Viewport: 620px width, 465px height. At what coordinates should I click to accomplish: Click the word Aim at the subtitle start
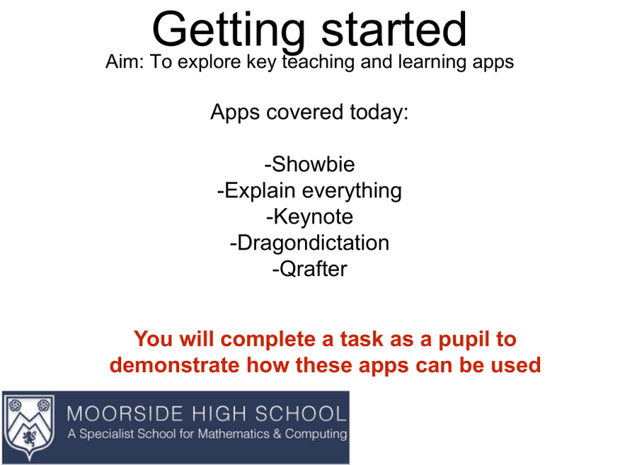coord(123,62)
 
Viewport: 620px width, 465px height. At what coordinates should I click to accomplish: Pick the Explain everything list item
coord(309,191)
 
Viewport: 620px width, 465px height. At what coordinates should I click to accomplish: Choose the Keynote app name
coord(309,217)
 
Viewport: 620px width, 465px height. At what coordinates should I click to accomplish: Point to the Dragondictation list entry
coord(309,243)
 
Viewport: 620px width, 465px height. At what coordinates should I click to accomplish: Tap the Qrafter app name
coord(309,269)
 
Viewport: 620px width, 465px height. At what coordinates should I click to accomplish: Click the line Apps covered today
coord(309,113)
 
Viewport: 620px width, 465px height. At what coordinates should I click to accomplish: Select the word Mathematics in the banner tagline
coord(229,434)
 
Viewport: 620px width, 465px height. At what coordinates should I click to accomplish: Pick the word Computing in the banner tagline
coord(314,434)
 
